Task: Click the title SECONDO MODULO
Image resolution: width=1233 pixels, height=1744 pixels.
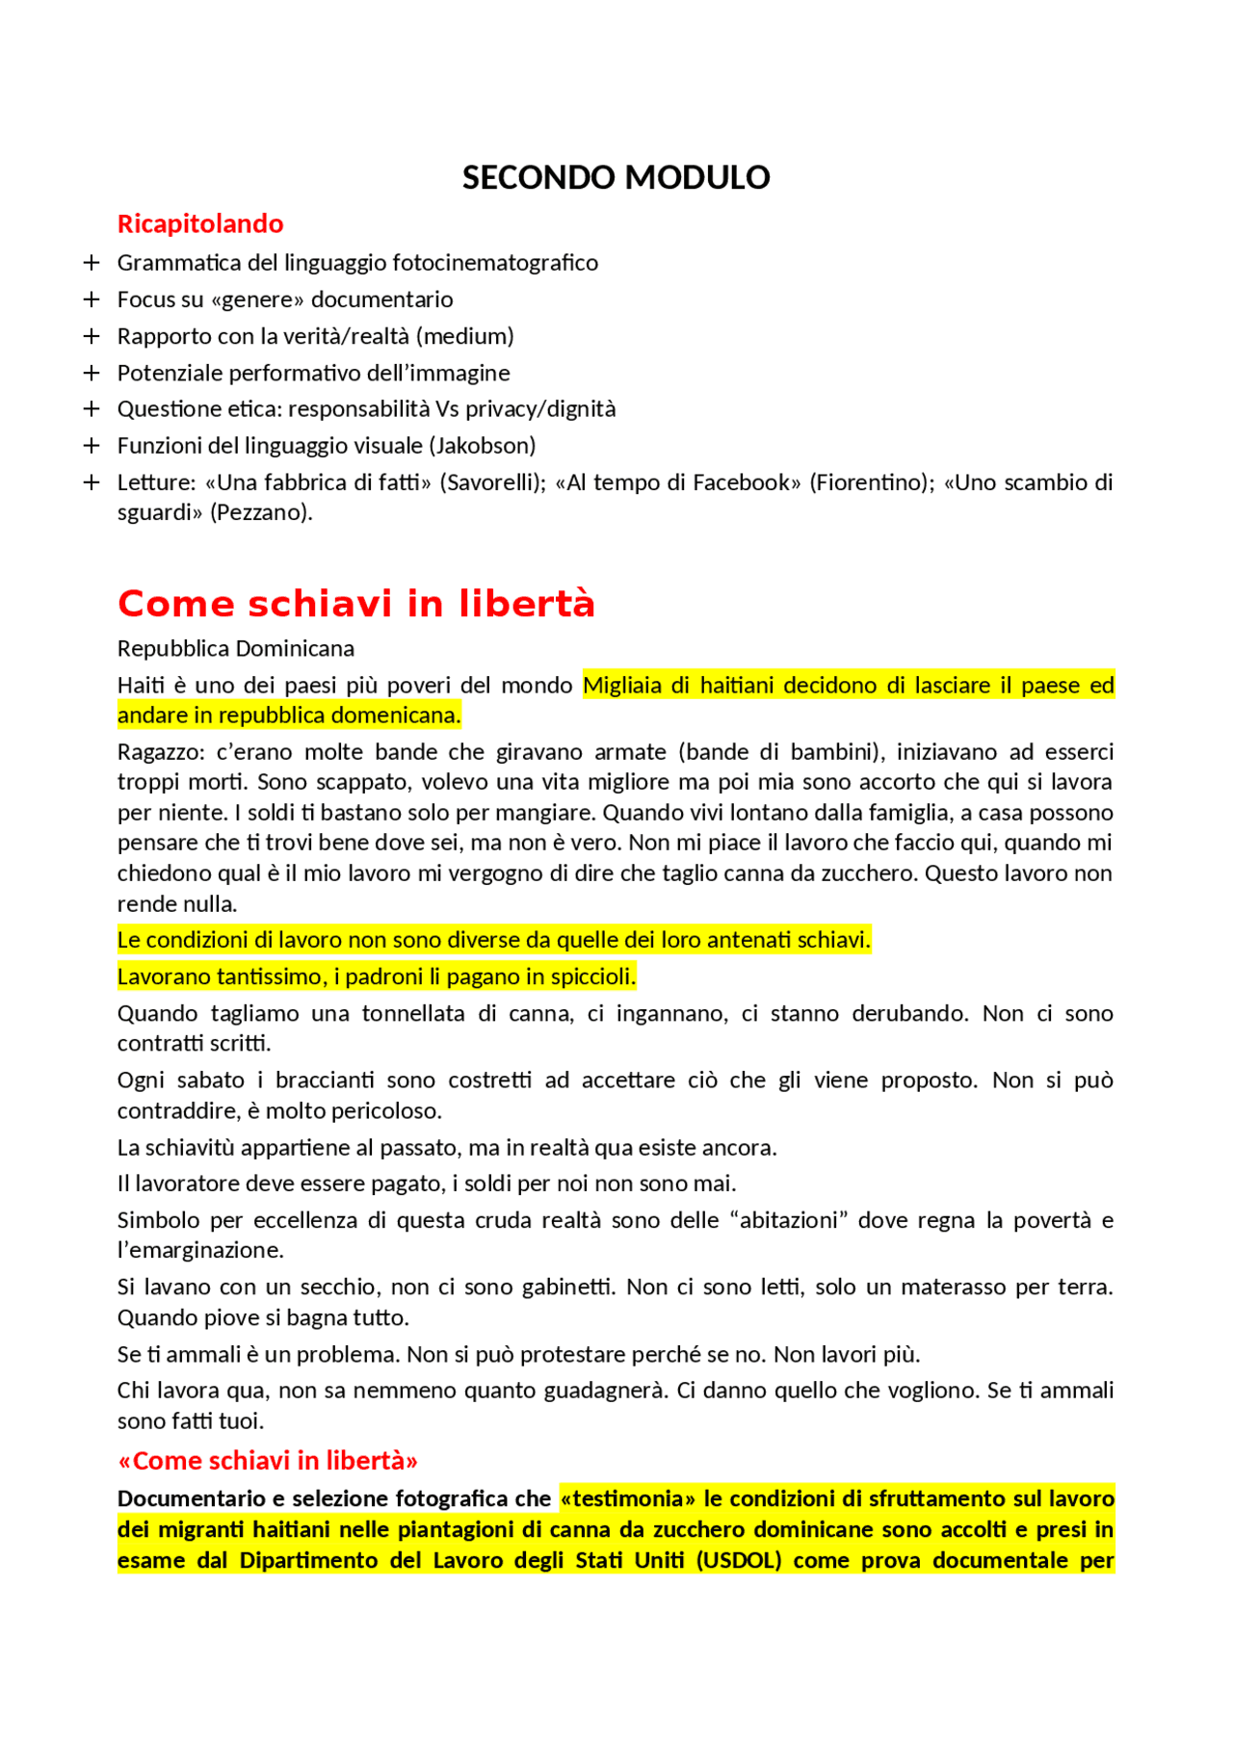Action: pos(616,177)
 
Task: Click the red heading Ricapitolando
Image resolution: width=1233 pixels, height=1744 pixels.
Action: pos(200,223)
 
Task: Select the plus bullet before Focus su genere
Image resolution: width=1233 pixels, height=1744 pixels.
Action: pos(92,299)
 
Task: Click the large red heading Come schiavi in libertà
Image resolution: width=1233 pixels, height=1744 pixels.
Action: pos(356,604)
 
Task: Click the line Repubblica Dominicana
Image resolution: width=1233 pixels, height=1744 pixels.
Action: pos(236,648)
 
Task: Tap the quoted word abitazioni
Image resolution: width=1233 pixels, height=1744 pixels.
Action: pos(788,1220)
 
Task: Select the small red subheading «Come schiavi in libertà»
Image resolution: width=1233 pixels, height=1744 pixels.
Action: pos(268,1461)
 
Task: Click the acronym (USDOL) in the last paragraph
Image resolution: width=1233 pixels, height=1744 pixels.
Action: pos(739,1560)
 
